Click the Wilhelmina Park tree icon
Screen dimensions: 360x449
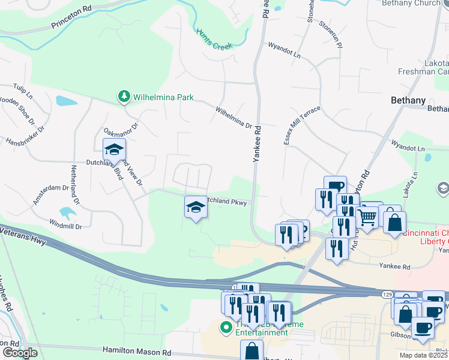(x=124, y=96)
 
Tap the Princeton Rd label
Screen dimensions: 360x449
(x=71, y=18)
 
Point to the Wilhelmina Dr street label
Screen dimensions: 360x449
(x=234, y=117)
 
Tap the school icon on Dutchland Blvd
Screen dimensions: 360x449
(x=113, y=150)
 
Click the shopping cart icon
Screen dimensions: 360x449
(x=367, y=215)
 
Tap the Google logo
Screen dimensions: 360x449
(x=19, y=353)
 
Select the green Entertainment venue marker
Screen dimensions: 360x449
(x=226, y=327)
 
